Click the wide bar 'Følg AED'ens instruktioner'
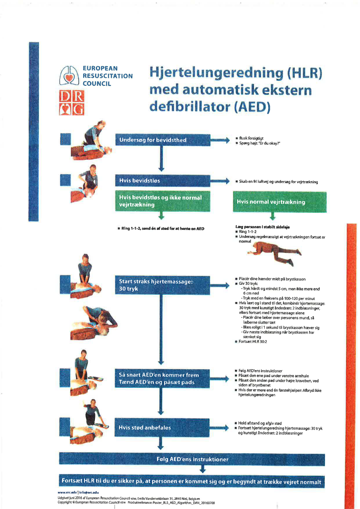(192, 459)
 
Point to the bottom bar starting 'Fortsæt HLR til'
(192, 482)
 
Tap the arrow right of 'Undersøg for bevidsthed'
(221, 140)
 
